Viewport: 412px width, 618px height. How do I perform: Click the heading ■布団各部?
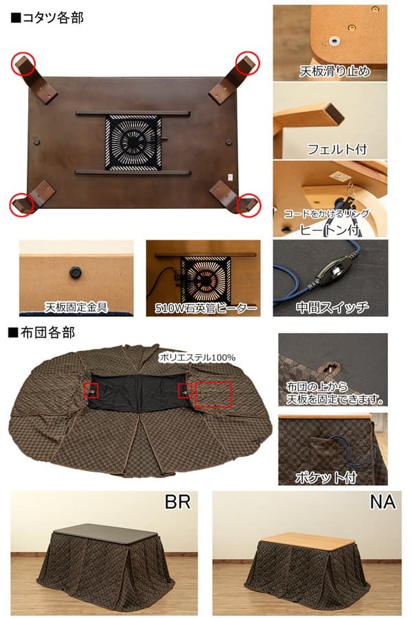pyautogui.click(x=42, y=333)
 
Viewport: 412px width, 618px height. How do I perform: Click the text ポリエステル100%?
pyautogui.click(x=196, y=357)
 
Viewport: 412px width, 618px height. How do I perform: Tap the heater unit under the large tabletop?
pyautogui.click(x=133, y=142)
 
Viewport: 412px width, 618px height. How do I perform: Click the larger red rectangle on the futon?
pyautogui.click(x=213, y=393)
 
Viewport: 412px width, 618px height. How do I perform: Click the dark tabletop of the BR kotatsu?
pyautogui.click(x=100, y=532)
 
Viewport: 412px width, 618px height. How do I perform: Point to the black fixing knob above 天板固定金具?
pyautogui.click(x=73, y=273)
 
